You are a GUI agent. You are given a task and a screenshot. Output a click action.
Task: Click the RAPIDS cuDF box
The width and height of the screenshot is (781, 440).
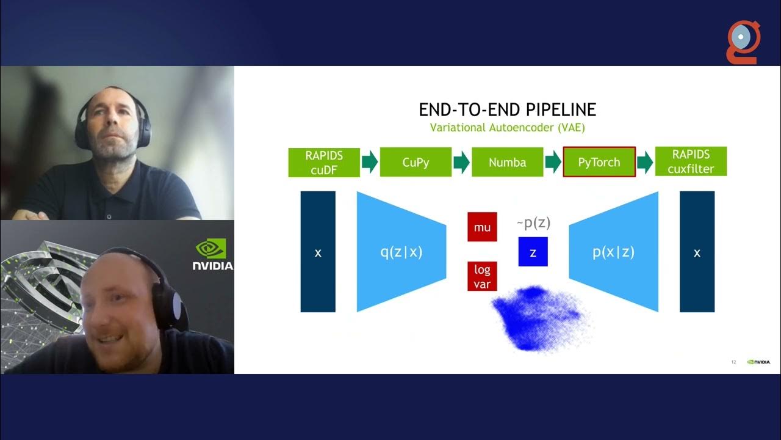point(324,162)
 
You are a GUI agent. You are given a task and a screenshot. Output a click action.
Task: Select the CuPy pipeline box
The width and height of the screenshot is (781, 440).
point(416,162)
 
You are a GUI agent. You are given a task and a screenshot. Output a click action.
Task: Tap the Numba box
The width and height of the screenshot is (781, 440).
point(507,162)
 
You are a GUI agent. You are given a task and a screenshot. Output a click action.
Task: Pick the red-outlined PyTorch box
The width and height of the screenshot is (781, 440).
point(599,162)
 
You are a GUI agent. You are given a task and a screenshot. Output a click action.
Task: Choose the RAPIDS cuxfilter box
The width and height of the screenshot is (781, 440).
point(691,161)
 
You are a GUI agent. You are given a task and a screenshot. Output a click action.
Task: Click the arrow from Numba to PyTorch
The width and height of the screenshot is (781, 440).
point(553,162)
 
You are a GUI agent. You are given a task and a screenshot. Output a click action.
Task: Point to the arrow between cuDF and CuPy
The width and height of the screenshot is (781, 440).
point(370,162)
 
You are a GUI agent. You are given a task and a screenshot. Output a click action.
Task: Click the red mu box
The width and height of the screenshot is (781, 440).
point(482,227)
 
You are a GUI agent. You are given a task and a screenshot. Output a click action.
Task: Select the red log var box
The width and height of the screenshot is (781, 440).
point(482,276)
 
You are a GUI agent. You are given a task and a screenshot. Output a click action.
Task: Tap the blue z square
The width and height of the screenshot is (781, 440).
point(533,252)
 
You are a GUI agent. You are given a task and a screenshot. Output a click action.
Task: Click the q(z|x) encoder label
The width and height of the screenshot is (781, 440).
point(401,251)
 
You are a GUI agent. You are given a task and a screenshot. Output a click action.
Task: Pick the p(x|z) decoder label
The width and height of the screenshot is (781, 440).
point(613,251)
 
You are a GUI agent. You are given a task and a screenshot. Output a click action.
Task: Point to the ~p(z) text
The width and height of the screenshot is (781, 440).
point(533,223)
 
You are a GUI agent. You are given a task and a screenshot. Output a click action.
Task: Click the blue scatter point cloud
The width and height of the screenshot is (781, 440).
point(537,318)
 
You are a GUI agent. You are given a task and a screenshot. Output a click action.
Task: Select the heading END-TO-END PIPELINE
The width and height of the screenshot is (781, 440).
point(507,110)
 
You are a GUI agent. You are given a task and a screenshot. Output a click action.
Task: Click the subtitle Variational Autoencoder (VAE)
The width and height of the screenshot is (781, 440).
point(507,128)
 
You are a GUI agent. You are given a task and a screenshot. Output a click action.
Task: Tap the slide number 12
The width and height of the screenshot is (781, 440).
point(733,362)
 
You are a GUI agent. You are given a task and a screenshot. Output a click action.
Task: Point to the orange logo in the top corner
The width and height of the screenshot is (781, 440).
point(743,41)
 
